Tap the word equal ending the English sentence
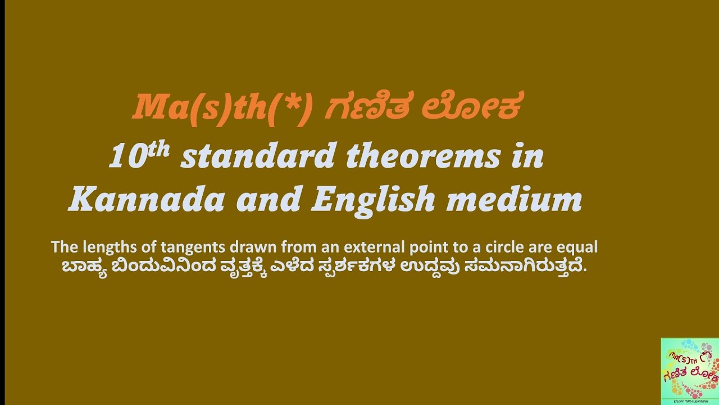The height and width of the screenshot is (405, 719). click(x=579, y=247)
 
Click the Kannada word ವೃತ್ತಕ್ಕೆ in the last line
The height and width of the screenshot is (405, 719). click(x=238, y=266)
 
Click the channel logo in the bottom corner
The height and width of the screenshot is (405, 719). click(x=690, y=371)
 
